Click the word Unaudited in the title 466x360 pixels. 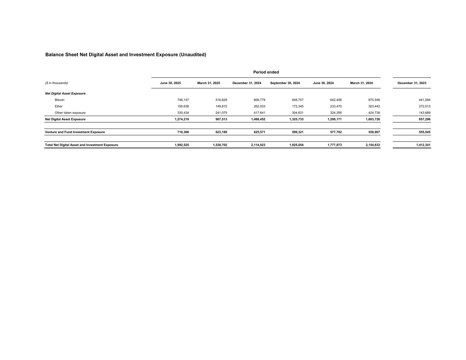pyautogui.click(x=193, y=55)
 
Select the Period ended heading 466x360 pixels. pyautogui.click(x=266, y=72)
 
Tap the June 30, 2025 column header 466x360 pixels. pyautogui.click(x=170, y=83)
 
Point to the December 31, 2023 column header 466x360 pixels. pyautogui.click(x=412, y=83)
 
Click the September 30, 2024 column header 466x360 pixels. pyautogui.click(x=285, y=83)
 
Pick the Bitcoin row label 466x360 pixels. pyautogui.click(x=59, y=100)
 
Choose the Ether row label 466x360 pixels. pyautogui.click(x=59, y=106)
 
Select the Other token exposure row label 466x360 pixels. pyautogui.click(x=70, y=113)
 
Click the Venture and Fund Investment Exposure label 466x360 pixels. pyautogui.click(x=75, y=132)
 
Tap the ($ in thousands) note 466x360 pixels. pyautogui.click(x=57, y=83)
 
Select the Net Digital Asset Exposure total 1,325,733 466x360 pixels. pyautogui.click(x=296, y=119)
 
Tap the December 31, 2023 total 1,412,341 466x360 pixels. pyautogui.click(x=423, y=145)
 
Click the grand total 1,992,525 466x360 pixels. pyautogui.click(x=182, y=145)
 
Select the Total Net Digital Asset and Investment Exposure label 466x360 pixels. pyautogui.click(x=82, y=145)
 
